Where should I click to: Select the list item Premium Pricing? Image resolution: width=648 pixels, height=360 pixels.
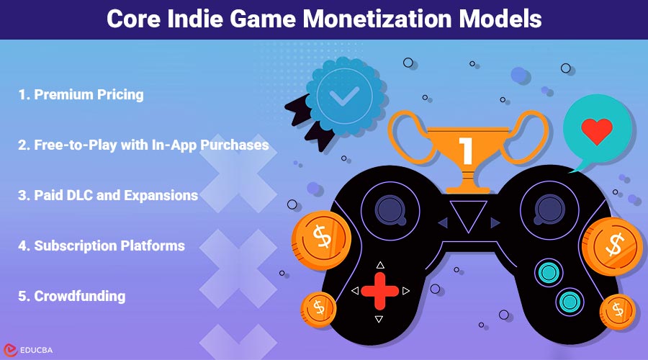click(80, 94)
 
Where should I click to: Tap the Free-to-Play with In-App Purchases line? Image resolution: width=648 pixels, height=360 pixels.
click(143, 145)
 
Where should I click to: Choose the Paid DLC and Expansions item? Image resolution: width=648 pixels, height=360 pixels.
click(107, 195)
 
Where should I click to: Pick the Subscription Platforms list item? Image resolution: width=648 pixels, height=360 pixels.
click(101, 246)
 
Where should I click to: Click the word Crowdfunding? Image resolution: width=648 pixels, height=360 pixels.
click(71, 296)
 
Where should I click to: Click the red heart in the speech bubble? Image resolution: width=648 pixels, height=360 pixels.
click(597, 132)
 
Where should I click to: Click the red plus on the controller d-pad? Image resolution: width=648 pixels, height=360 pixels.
click(379, 291)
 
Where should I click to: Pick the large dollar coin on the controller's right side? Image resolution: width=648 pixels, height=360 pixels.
click(613, 244)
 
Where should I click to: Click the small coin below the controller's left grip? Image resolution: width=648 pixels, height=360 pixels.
click(318, 307)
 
